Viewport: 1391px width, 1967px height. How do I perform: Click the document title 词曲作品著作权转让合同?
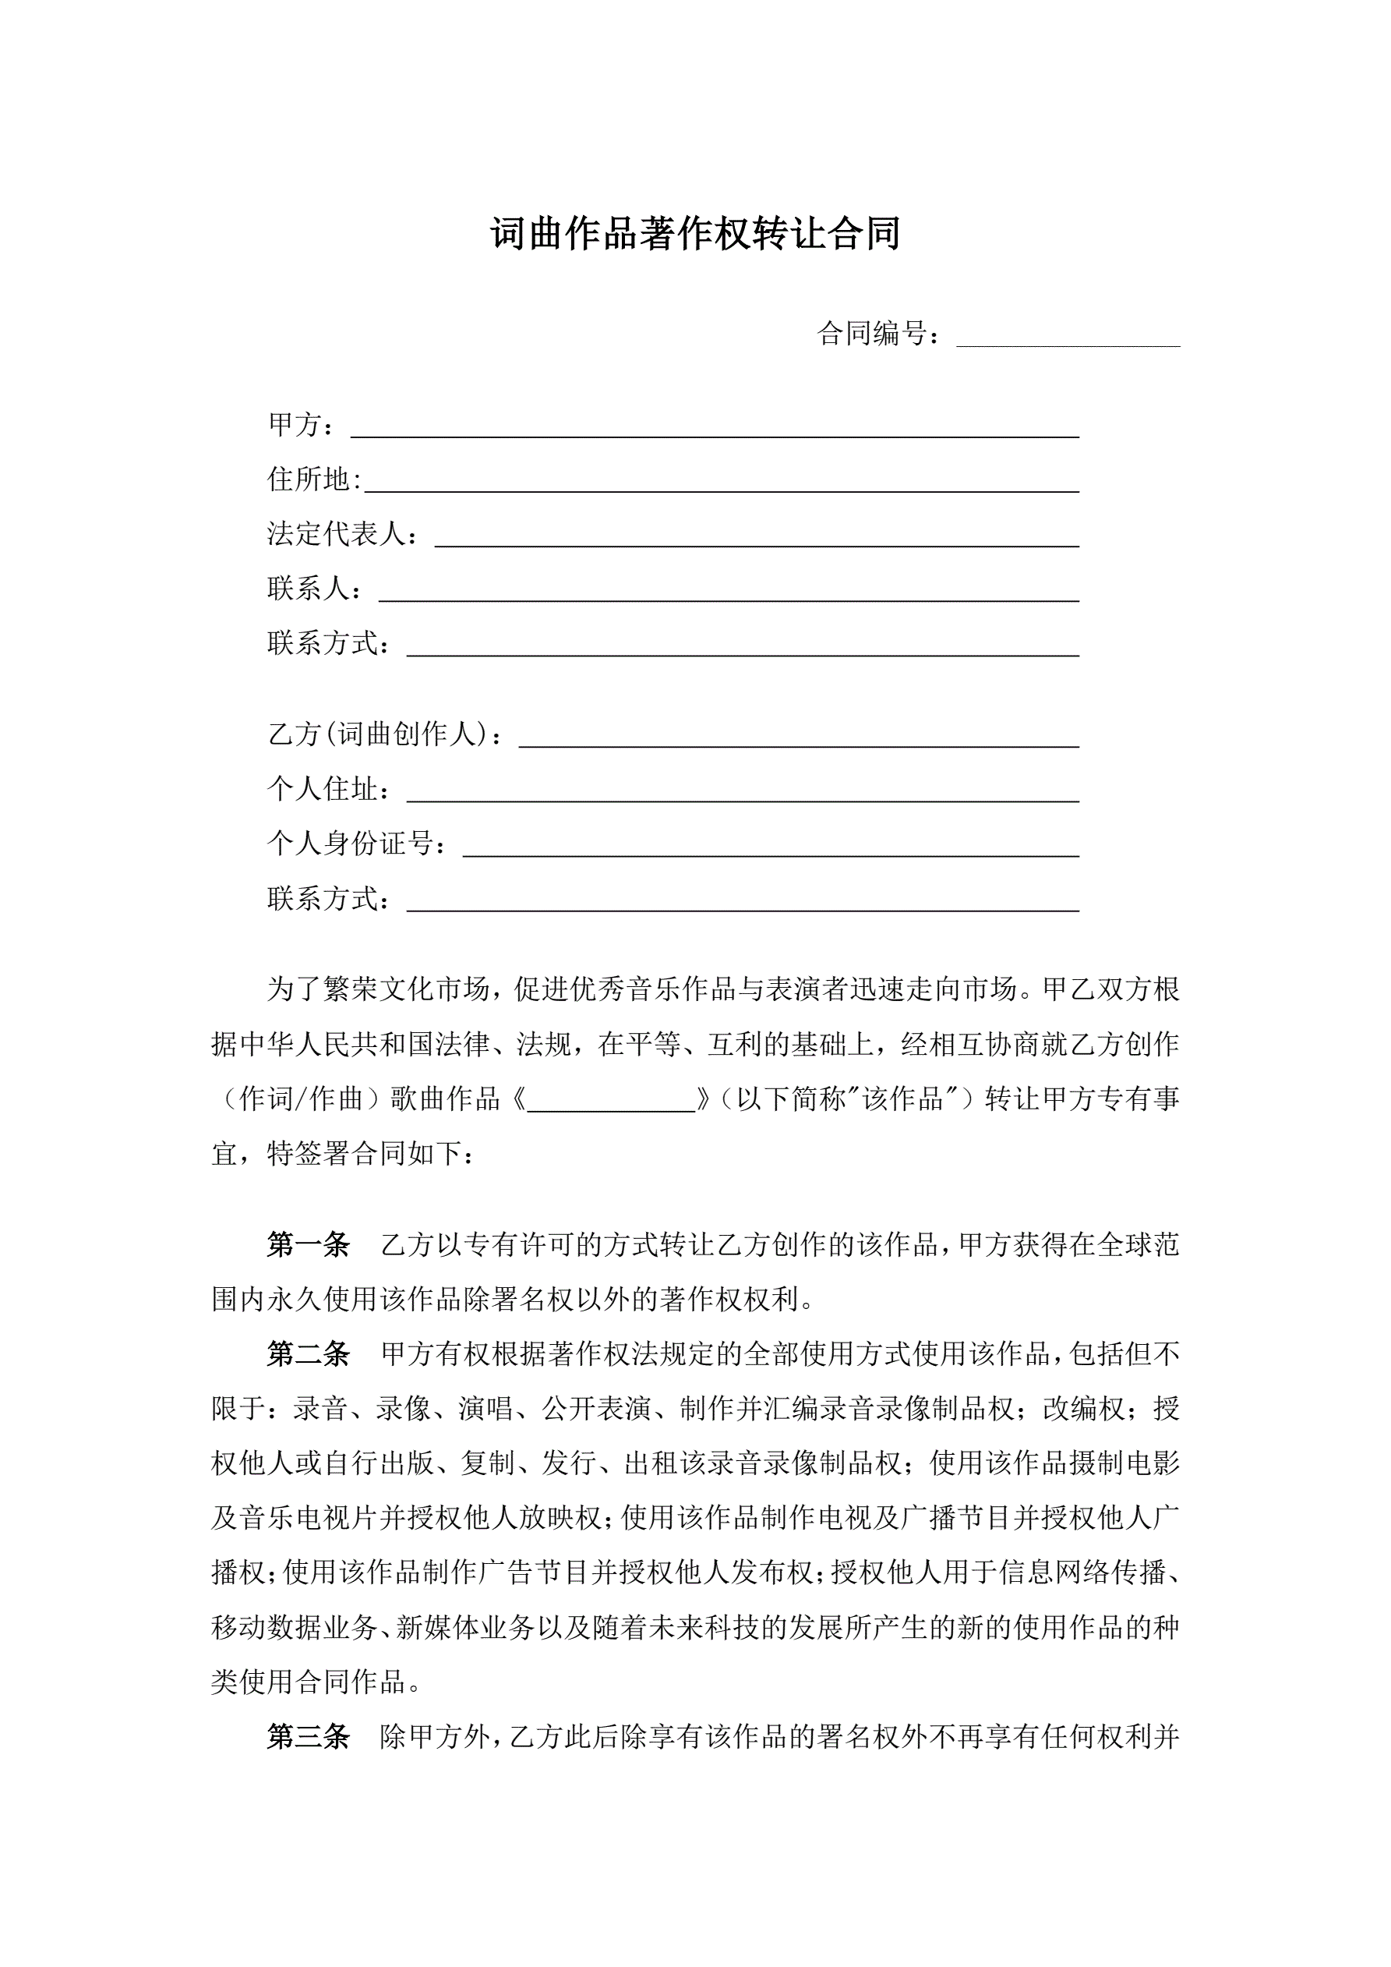[x=694, y=234]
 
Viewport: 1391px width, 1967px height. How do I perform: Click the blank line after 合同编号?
[x=1068, y=337]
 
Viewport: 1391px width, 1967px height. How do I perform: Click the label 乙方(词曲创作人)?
[x=378, y=734]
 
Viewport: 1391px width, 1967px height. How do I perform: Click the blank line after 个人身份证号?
[x=770, y=847]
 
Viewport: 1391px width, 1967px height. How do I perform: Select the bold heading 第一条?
[x=309, y=1244]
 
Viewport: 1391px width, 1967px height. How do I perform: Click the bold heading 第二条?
[x=309, y=1353]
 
